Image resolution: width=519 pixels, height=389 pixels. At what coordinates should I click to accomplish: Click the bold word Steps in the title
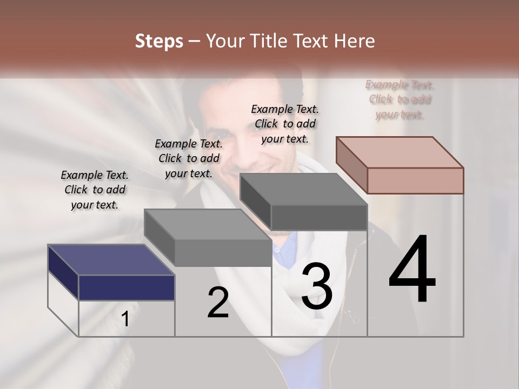point(159,41)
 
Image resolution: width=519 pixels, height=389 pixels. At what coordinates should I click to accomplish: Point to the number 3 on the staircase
point(317,286)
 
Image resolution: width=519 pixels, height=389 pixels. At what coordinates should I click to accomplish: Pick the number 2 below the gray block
point(218,303)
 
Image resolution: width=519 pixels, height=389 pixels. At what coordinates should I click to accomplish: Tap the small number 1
point(125,319)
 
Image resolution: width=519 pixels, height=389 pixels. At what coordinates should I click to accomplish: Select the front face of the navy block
point(127,287)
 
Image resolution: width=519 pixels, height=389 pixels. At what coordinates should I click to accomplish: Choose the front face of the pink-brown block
point(415,180)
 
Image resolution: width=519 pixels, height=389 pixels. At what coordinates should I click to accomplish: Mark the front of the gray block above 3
point(318,217)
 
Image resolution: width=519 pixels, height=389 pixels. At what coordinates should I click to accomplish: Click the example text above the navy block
point(95,190)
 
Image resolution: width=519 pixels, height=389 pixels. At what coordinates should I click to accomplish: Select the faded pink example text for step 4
point(400,99)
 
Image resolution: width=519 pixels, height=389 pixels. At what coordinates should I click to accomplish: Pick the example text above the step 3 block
point(285,124)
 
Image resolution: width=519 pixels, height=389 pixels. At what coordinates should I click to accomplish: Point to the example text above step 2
point(189,159)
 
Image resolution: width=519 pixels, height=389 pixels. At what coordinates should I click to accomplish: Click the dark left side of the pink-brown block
point(351,165)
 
